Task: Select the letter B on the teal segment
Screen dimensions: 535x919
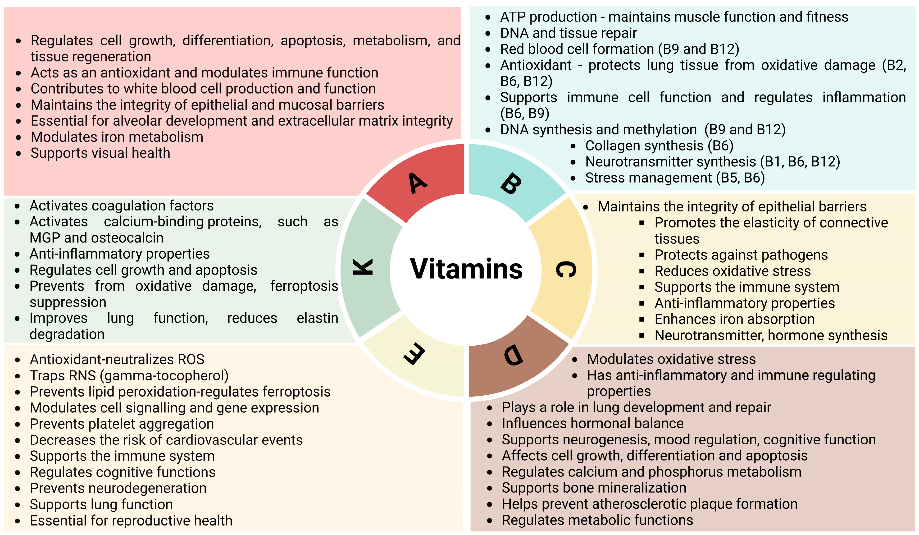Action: (x=510, y=184)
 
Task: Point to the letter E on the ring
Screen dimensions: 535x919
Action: (x=415, y=354)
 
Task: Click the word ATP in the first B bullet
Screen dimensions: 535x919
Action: (x=512, y=17)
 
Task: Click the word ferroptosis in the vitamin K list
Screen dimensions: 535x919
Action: (x=304, y=286)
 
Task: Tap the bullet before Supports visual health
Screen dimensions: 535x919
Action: (x=18, y=154)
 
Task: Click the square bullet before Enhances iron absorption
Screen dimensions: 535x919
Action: (x=641, y=320)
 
